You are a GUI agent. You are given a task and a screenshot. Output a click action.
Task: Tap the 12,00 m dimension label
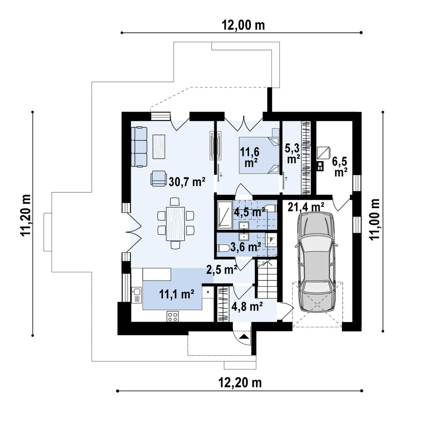coord(243,25)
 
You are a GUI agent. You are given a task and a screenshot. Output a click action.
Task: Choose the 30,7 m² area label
coord(187,182)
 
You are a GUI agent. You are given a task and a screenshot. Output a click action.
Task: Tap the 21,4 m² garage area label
coord(306,207)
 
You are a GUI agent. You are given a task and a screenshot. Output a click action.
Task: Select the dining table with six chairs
coord(175,223)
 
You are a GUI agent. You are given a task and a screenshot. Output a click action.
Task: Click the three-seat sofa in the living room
coord(139,147)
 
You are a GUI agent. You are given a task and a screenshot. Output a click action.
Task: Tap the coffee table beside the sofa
coord(159,147)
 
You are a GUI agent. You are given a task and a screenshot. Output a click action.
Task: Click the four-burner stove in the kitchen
coord(173,316)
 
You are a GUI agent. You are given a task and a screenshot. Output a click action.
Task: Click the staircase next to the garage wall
coord(267,279)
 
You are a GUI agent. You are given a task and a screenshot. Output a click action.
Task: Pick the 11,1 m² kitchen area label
coord(177,294)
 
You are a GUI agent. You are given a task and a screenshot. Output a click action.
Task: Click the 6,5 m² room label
coord(340,166)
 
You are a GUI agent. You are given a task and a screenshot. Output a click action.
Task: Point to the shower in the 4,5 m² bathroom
coord(225,215)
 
